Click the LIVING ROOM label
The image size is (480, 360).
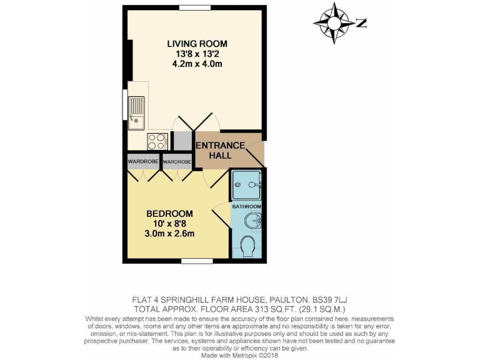tap(197, 43)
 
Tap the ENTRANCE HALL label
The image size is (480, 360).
tap(220, 150)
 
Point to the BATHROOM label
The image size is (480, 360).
tap(247, 206)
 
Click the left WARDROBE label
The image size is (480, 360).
tap(143, 161)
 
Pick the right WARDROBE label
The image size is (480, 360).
tap(177, 161)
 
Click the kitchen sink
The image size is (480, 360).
tap(136, 111)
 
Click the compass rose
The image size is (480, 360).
tap(335, 23)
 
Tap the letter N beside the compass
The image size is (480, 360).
tap(361, 23)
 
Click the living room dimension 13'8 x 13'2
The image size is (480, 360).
tap(197, 53)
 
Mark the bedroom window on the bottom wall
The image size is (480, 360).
tap(193, 261)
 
